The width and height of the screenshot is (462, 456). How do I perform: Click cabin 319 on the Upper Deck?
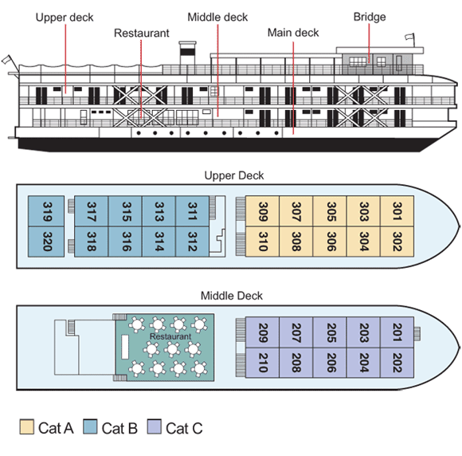click(x=46, y=211)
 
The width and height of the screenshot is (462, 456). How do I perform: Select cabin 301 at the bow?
click(x=397, y=211)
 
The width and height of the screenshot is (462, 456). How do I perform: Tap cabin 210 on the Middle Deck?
click(x=262, y=363)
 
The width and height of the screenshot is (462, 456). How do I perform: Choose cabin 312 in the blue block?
click(x=192, y=242)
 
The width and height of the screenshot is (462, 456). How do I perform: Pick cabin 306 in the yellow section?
click(x=330, y=242)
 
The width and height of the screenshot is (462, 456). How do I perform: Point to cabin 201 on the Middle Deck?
click(x=397, y=332)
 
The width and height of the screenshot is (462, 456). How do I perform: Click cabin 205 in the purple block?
click(x=330, y=332)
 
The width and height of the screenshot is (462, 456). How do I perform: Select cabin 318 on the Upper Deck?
click(x=92, y=242)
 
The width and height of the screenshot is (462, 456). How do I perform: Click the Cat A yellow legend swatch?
click(x=27, y=427)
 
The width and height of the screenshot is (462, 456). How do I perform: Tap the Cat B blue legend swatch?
click(x=90, y=427)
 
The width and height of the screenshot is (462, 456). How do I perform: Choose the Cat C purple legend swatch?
click(x=154, y=427)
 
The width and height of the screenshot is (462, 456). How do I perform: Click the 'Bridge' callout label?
click(x=370, y=17)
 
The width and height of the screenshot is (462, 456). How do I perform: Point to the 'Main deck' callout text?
click(x=293, y=33)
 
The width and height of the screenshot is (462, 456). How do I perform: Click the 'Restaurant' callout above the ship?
click(x=142, y=33)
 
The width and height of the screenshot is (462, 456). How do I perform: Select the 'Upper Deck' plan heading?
click(x=234, y=175)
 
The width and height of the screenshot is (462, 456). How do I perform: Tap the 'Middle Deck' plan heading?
click(x=231, y=296)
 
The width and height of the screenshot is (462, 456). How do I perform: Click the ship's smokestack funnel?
click(x=187, y=53)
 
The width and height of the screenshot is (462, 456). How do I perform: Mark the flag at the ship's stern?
click(x=6, y=60)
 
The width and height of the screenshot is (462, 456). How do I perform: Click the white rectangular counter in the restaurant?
click(x=125, y=347)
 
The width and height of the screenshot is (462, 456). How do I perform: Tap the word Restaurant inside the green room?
click(x=170, y=336)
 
